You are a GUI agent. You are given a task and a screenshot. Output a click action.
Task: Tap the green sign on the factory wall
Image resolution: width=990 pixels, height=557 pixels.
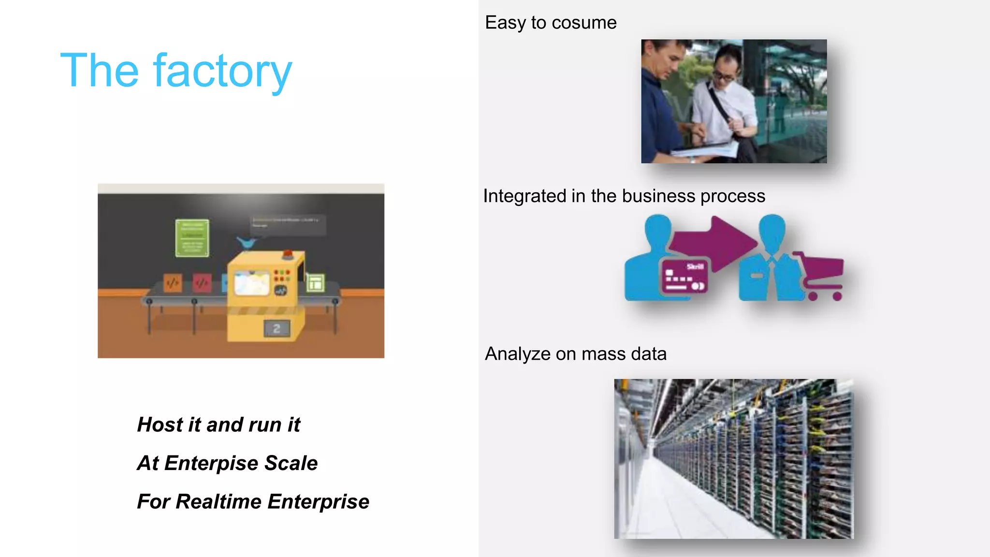click(192, 237)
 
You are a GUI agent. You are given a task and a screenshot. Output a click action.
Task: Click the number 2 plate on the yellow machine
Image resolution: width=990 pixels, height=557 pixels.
click(277, 329)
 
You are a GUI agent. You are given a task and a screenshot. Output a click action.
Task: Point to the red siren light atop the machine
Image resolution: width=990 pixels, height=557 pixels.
click(288, 253)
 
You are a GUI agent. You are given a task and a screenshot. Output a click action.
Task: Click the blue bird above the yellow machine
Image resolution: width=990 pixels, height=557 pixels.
click(247, 243)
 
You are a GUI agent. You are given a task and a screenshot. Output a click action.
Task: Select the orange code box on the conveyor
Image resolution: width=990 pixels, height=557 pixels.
click(173, 283)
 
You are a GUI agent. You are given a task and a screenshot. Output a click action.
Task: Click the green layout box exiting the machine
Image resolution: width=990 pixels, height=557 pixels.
click(315, 283)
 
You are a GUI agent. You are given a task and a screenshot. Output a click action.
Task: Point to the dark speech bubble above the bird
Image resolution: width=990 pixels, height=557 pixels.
click(288, 224)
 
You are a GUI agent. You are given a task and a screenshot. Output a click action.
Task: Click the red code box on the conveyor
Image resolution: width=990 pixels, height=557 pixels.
click(202, 283)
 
